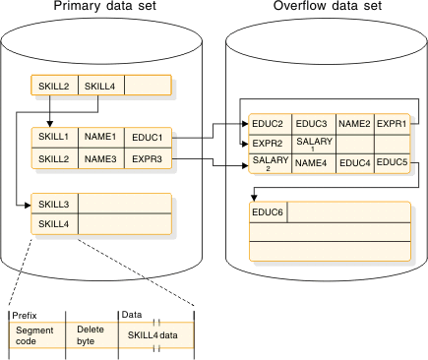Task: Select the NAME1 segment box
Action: (100, 136)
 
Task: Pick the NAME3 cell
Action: (100, 157)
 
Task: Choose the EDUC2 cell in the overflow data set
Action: (268, 124)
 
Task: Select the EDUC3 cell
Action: (312, 124)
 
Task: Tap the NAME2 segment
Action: (354, 124)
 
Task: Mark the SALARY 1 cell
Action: (312, 145)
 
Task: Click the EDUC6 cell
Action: (268, 212)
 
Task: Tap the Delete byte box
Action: (91, 336)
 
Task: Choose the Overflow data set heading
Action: (327, 9)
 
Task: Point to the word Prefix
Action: (25, 315)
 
